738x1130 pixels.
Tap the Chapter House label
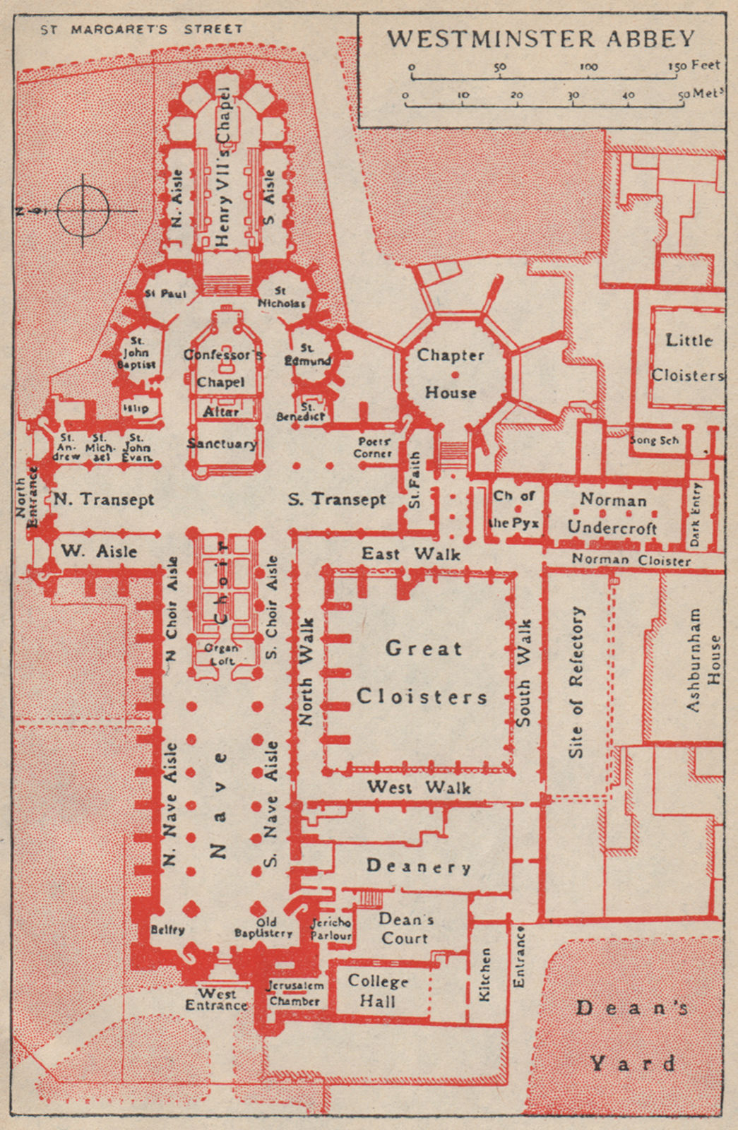click(x=451, y=374)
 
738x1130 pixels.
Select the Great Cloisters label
click(x=422, y=672)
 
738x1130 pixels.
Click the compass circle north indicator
click(x=83, y=210)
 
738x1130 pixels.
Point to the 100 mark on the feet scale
click(x=588, y=66)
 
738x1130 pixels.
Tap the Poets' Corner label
click(x=373, y=447)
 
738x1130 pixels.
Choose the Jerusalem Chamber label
click(x=295, y=993)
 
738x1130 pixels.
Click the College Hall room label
click(x=378, y=991)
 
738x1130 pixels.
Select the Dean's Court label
click(x=405, y=928)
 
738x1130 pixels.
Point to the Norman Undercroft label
click(x=613, y=513)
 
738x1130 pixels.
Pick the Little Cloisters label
click(x=687, y=357)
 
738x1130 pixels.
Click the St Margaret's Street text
click(x=141, y=30)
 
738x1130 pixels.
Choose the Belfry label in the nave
click(x=168, y=929)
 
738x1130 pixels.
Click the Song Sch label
click(x=654, y=440)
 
